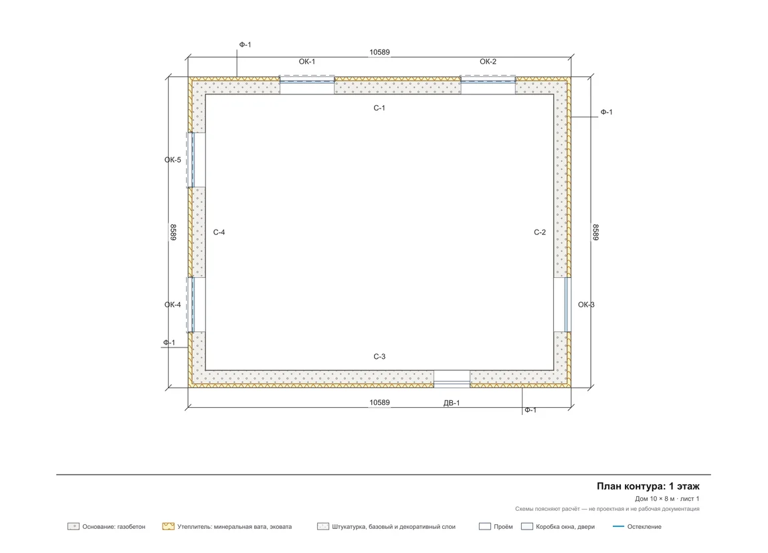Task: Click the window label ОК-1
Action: (x=307, y=62)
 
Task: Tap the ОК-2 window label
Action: (x=488, y=62)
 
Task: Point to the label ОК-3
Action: (x=586, y=305)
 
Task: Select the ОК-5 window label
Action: (x=173, y=160)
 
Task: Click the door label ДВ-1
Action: (x=452, y=403)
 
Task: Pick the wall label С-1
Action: (x=379, y=108)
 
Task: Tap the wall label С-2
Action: (x=540, y=232)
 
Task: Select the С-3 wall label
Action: (x=379, y=356)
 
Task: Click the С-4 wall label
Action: (x=219, y=232)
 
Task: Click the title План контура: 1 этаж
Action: (x=648, y=486)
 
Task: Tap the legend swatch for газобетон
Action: (x=74, y=526)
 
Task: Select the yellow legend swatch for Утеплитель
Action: (x=169, y=526)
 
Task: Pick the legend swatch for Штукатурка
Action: (x=323, y=526)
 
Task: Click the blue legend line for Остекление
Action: (x=619, y=526)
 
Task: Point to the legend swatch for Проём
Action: (x=485, y=526)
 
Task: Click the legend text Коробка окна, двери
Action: (x=565, y=527)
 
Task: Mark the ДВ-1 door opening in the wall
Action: (x=452, y=378)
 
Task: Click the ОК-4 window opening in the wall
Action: (x=196, y=305)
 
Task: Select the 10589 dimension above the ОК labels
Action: (x=379, y=52)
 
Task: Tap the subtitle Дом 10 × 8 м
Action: (x=655, y=499)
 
